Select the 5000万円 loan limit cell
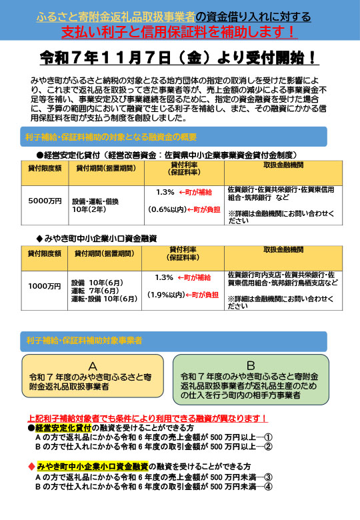click(45, 200)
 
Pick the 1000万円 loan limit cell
click(45, 286)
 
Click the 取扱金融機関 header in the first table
click(283, 165)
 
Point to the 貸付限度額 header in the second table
click(45, 253)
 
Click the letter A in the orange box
click(93, 366)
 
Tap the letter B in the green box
click(251, 365)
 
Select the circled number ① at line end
click(268, 437)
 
